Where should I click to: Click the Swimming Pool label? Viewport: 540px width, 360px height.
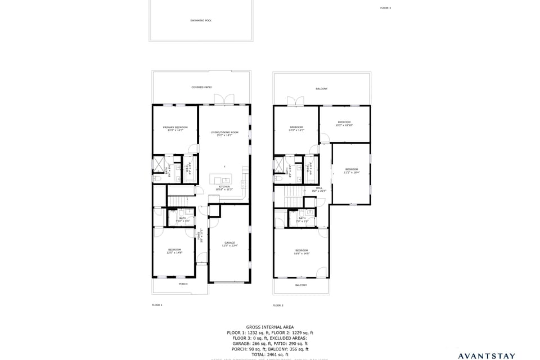(x=201, y=20)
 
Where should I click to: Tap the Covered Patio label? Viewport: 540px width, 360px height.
(x=201, y=87)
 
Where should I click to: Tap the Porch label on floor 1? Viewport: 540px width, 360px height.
(x=183, y=284)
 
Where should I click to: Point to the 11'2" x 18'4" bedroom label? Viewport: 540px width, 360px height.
(x=352, y=170)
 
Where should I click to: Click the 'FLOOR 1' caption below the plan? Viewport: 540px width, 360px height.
(x=157, y=305)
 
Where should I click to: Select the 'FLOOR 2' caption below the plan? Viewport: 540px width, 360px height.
(x=278, y=305)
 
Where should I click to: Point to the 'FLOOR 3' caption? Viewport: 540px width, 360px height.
(x=385, y=8)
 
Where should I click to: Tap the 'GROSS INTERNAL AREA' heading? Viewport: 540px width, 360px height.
(x=269, y=327)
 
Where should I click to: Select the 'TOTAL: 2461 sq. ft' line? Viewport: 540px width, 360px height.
(x=269, y=354)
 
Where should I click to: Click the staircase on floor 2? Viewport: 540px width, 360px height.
(x=294, y=198)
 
